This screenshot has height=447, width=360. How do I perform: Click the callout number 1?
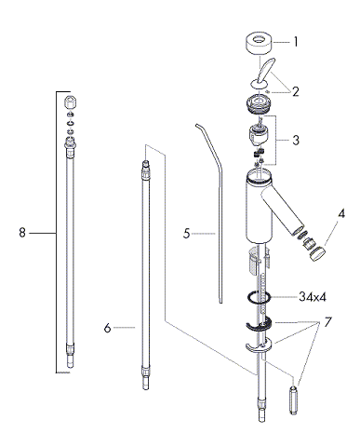(296, 42)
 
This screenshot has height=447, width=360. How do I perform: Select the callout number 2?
(295, 91)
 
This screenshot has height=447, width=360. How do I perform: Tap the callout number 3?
(296, 140)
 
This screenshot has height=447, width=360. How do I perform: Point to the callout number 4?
(341, 213)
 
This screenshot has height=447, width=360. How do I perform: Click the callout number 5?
(186, 234)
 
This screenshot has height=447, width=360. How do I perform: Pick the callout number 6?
(107, 328)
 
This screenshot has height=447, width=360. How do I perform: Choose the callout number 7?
(328, 322)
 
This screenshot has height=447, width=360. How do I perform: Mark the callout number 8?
(22, 233)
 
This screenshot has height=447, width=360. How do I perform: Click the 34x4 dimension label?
(313, 297)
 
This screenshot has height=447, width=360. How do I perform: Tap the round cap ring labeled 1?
(260, 45)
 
